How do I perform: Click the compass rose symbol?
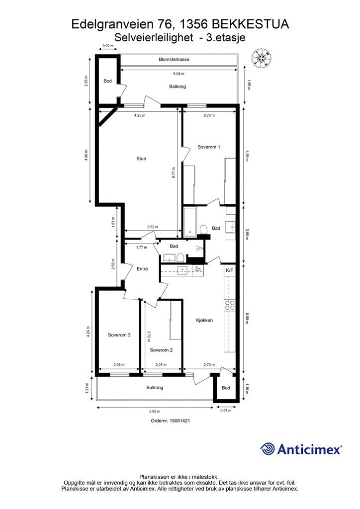pyautogui.click(x=262, y=59)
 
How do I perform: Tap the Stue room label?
pyautogui.click(x=141, y=159)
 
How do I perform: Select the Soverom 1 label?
pyautogui.click(x=209, y=147)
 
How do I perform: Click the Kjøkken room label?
pyautogui.click(x=204, y=321)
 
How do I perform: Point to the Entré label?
pyautogui.click(x=142, y=269)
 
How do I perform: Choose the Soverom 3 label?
pyautogui.click(x=119, y=335)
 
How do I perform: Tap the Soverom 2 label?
pyautogui.click(x=161, y=350)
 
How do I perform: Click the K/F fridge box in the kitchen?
pyautogui.click(x=230, y=270)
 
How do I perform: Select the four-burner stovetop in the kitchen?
pyautogui.click(x=230, y=305)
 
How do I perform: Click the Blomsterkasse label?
pyautogui.click(x=174, y=60)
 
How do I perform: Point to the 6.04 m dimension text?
pyautogui.click(x=179, y=74)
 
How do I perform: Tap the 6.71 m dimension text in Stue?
pyautogui.click(x=174, y=173)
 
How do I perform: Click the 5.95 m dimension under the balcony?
pyautogui.click(x=155, y=411)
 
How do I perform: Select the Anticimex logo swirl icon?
pyautogui.click(x=268, y=449)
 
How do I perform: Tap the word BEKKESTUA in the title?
pyautogui.click(x=250, y=24)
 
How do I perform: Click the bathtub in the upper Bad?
pyautogui.click(x=190, y=222)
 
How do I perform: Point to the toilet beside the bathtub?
pyautogui.click(x=204, y=229)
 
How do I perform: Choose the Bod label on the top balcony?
pyautogui.click(x=107, y=81)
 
